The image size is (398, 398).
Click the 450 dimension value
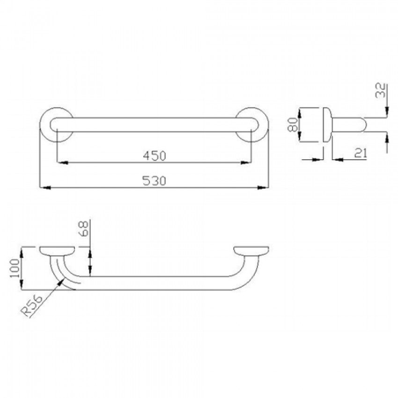[155, 155]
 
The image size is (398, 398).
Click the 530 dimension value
[154, 181]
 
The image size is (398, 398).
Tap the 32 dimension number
[380, 90]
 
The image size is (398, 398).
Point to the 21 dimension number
[361, 153]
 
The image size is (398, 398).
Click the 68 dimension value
[83, 228]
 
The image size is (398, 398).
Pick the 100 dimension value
[15, 268]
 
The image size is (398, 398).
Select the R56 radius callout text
[32, 306]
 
